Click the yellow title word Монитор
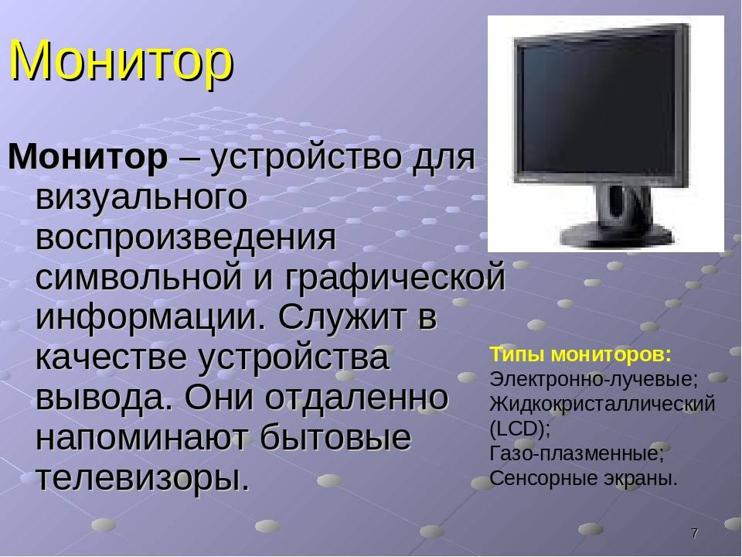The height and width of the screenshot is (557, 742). coord(121,61)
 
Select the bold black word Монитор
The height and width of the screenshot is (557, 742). coord(88,157)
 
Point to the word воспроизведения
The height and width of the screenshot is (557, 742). coord(185,237)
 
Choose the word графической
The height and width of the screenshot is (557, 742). coord(395,278)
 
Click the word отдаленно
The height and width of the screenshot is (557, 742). coord(356,398)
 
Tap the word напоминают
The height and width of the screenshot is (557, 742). coord(141,438)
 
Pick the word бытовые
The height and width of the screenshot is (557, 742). coord(335,437)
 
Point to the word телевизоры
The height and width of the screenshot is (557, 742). coord(142,478)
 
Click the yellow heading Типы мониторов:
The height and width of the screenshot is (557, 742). coord(580,355)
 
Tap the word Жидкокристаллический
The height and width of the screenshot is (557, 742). coord(602,404)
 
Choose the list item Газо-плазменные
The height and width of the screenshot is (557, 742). coord(577,454)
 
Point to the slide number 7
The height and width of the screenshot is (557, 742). coord(694,533)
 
